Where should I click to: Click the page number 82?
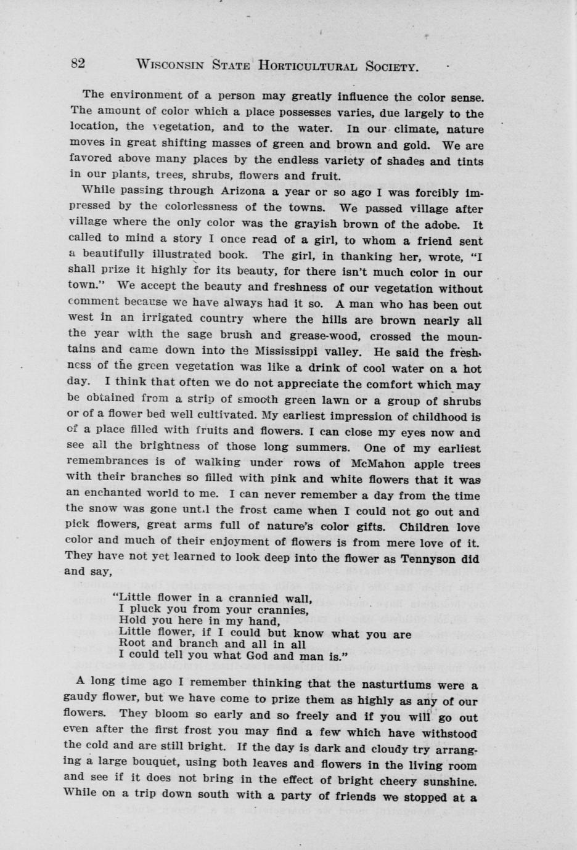coord(78,63)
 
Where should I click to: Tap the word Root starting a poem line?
coord(131,644)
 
